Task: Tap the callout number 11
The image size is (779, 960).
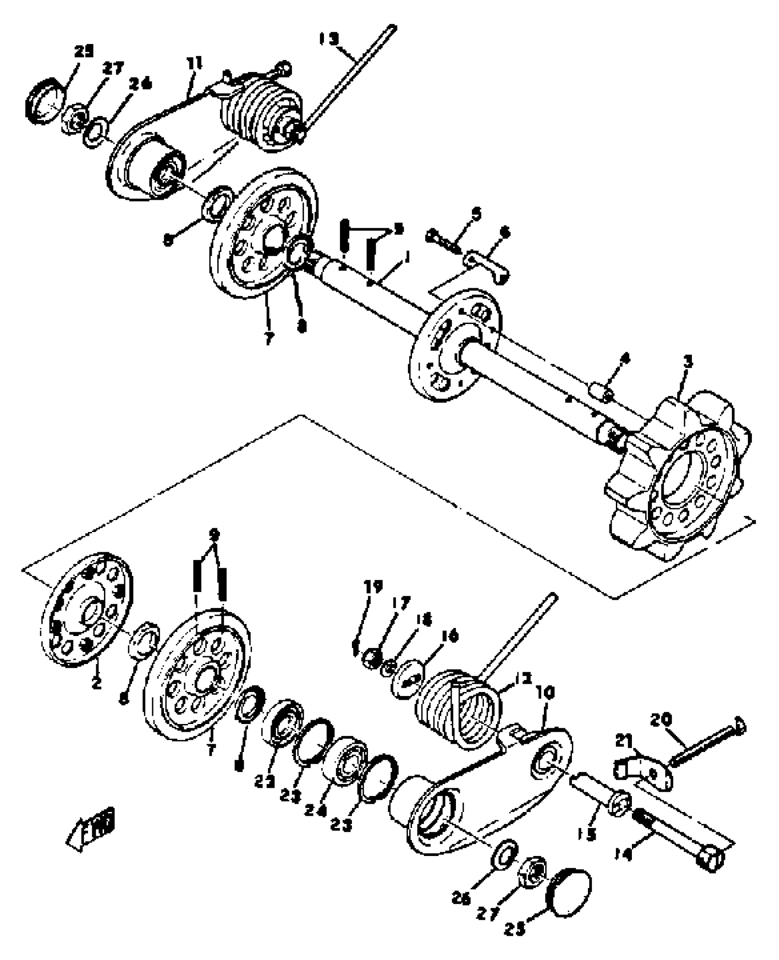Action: tap(196, 63)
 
